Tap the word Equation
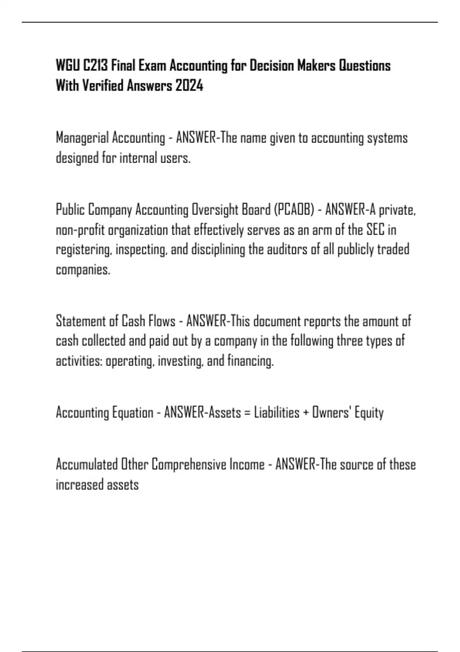133,413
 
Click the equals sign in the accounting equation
247,413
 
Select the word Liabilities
276,413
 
